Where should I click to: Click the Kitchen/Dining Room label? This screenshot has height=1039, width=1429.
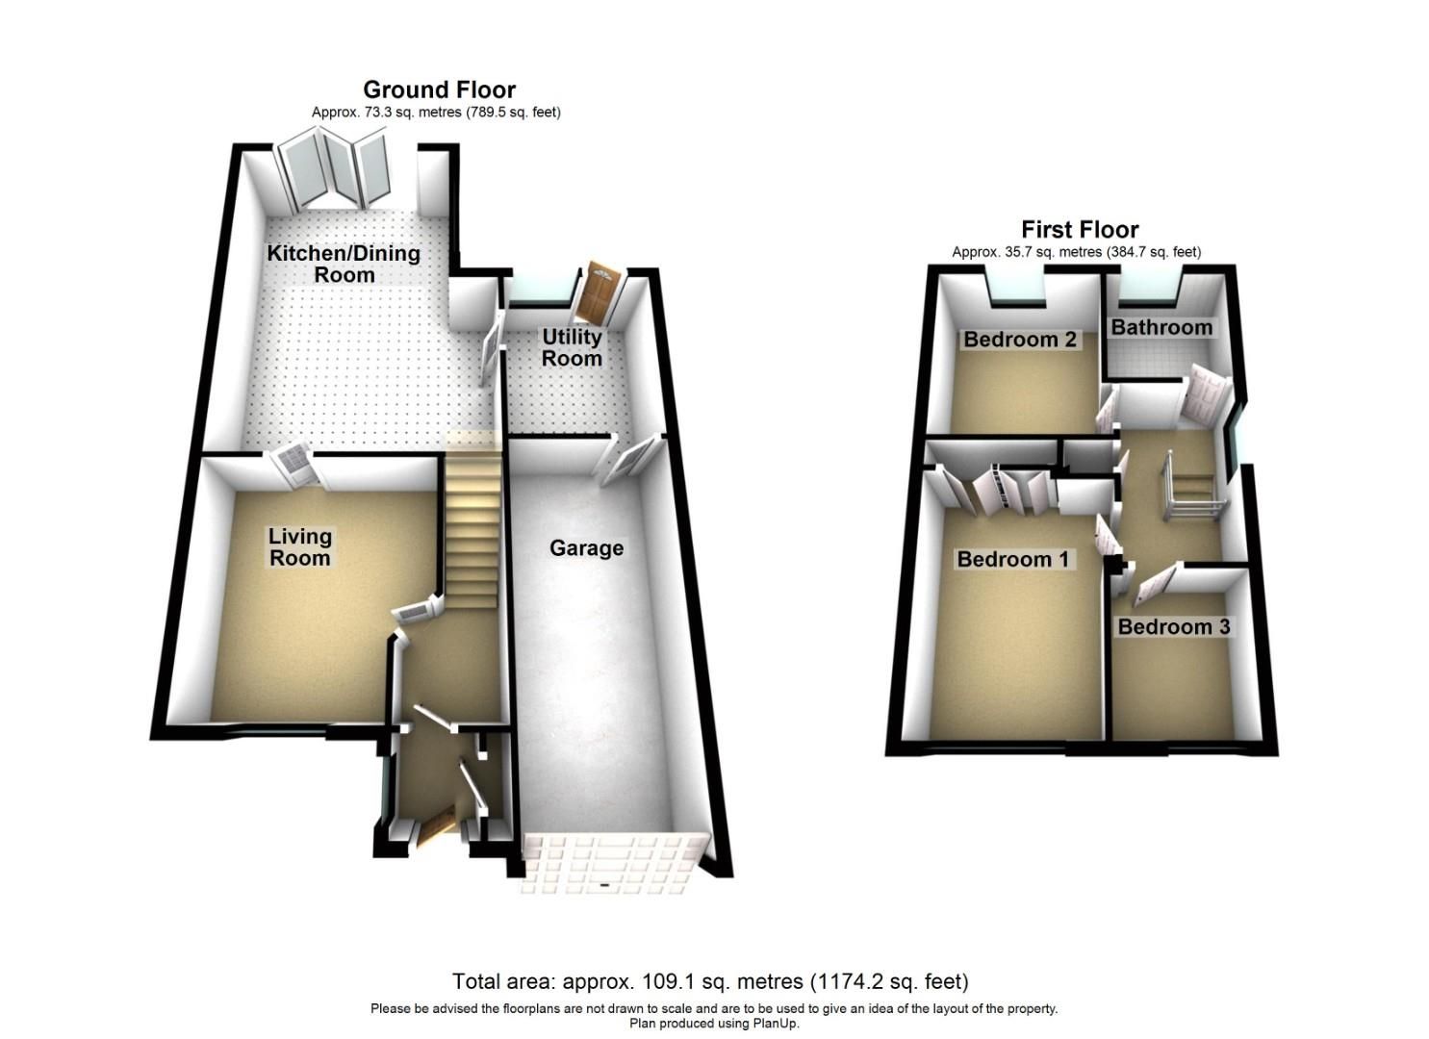344,264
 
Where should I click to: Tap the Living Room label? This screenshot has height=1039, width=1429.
299,547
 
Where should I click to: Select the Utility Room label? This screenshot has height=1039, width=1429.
572,347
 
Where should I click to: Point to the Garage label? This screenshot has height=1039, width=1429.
586,548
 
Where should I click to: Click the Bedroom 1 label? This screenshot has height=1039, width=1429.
1012,559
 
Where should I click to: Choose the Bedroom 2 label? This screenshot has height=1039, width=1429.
1019,340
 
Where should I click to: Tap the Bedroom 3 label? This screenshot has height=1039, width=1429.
1173,627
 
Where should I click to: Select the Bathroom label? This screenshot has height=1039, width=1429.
1161,327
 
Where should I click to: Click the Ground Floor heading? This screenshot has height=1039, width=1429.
439,89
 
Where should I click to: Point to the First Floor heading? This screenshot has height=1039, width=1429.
1080,229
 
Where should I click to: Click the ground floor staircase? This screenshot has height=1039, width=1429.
472,519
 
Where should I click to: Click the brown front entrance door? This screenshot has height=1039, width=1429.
435,829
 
